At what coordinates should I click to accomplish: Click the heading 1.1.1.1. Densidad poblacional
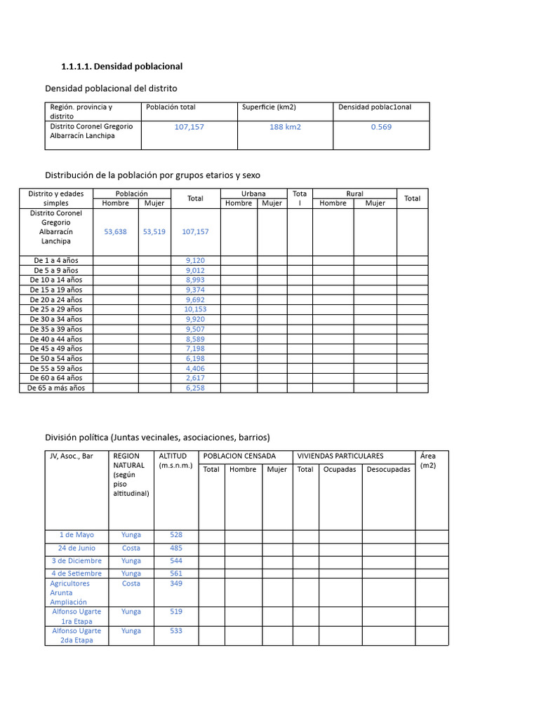(x=122, y=66)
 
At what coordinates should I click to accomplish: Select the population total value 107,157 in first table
(x=189, y=127)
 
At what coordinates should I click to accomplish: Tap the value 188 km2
(x=285, y=127)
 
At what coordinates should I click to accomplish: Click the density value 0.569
(x=381, y=127)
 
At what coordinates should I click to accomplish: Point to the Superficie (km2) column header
(x=269, y=107)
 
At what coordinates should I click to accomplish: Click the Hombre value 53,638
(x=115, y=231)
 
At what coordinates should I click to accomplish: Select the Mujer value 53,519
(x=154, y=231)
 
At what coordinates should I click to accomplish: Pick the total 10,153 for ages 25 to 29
(x=195, y=309)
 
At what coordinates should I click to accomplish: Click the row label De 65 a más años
(x=56, y=388)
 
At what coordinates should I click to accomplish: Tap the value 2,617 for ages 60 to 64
(x=195, y=378)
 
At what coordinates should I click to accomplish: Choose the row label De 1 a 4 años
(x=56, y=260)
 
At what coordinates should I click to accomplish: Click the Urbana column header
(x=253, y=194)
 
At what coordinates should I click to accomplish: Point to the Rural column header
(x=354, y=194)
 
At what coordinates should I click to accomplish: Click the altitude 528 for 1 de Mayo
(x=175, y=535)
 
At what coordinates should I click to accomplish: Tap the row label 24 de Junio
(x=76, y=548)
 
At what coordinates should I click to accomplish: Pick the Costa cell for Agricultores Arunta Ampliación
(x=131, y=583)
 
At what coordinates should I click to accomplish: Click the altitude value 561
(x=175, y=573)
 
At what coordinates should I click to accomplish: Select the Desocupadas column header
(x=388, y=470)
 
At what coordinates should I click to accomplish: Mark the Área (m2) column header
(x=427, y=461)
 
